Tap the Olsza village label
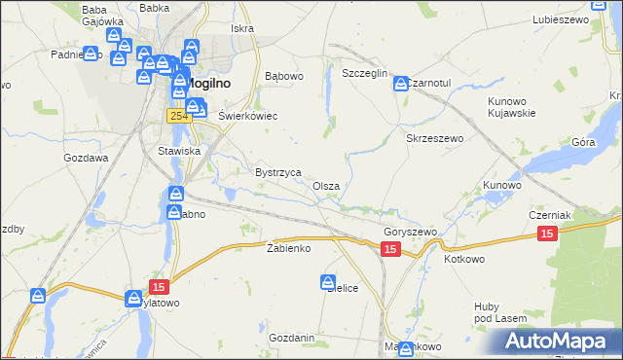[326, 186]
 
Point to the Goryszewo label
[410, 233]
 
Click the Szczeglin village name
[365, 74]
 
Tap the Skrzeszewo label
[433, 139]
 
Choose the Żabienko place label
[288, 248]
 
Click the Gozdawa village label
[86, 158]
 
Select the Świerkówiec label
[248, 116]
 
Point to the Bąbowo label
[285, 75]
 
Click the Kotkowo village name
[464, 260]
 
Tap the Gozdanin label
[292, 338]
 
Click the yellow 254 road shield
[177, 116]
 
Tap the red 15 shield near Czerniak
[547, 234]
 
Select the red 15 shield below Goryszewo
[390, 250]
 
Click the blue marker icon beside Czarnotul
[401, 85]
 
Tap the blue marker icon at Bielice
[329, 283]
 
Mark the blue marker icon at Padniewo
[91, 55]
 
